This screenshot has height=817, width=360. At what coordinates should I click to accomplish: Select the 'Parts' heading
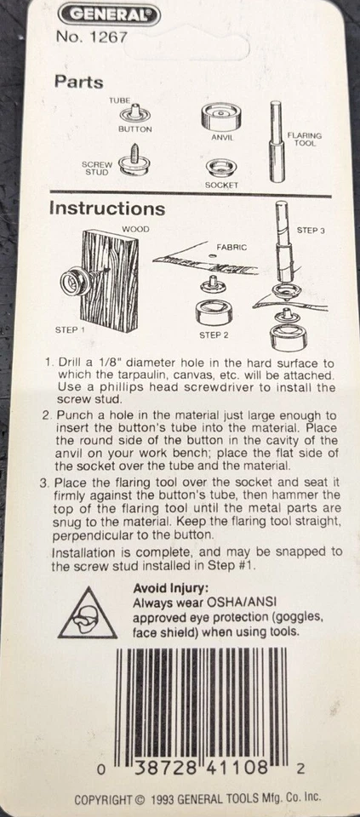pos(79,83)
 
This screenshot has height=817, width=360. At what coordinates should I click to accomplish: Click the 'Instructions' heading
pos(106,208)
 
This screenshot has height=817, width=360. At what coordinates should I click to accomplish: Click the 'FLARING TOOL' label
pos(305,139)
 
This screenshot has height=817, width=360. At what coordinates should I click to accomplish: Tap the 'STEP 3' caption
pos(311,231)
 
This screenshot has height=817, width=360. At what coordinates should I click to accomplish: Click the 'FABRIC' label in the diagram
pos(231,247)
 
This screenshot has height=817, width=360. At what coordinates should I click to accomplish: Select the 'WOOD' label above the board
pos(135,229)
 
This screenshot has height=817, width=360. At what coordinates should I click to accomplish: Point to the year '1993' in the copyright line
pos(169,800)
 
